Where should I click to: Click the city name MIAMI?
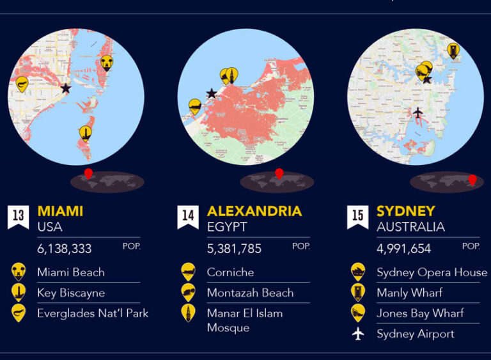click(x=60, y=211)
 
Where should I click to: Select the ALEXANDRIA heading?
click(x=254, y=211)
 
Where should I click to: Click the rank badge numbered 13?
click(x=18, y=216)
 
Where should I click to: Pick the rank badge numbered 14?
click(x=188, y=216)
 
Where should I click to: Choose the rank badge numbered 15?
click(x=357, y=216)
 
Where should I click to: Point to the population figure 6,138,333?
click(x=64, y=249)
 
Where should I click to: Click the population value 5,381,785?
click(x=234, y=249)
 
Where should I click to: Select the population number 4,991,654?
click(x=403, y=249)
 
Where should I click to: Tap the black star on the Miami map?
click(x=65, y=88)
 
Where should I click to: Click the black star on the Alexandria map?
click(x=212, y=93)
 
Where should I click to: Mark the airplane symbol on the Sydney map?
click(x=417, y=113)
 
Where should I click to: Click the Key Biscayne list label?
click(x=71, y=293)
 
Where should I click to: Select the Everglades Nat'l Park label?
click(x=93, y=313)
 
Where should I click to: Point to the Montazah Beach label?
click(x=250, y=293)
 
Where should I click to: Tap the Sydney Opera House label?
click(x=432, y=272)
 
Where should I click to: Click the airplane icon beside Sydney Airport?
click(x=357, y=334)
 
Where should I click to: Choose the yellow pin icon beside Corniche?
click(x=188, y=272)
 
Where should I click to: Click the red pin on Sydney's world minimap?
click(x=472, y=180)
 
